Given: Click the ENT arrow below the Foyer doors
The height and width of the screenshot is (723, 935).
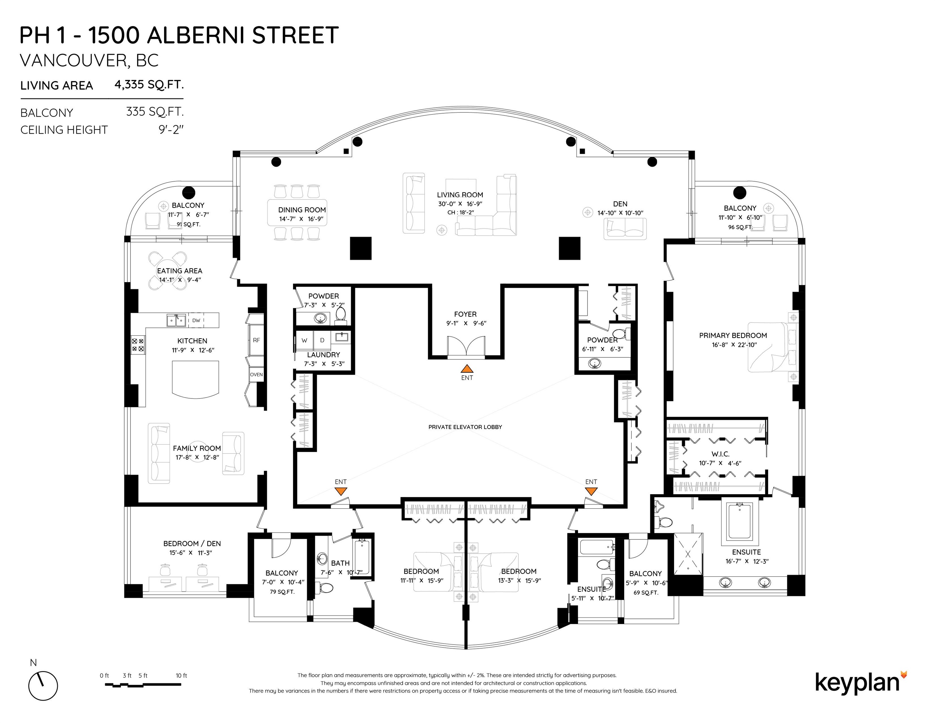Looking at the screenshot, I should (x=467, y=368).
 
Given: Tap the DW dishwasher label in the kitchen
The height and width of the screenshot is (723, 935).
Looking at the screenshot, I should (x=196, y=320).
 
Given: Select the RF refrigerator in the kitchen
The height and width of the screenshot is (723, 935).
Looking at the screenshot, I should (x=256, y=340).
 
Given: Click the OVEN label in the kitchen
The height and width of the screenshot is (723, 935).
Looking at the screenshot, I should (x=256, y=375).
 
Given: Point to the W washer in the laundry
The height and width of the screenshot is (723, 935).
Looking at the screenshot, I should (x=304, y=340).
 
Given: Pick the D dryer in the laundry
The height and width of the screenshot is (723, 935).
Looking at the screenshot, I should (x=322, y=340).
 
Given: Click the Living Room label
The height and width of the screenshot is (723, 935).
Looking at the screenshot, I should (x=460, y=195).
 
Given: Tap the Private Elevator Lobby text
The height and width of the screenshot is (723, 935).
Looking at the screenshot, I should (x=465, y=427).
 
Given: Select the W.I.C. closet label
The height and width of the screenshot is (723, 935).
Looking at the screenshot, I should (x=720, y=454).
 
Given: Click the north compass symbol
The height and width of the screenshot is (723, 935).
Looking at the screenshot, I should (x=43, y=686).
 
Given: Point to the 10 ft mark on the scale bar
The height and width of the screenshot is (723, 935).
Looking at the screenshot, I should (x=181, y=675).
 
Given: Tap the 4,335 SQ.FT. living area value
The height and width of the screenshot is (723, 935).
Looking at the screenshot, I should (x=149, y=84).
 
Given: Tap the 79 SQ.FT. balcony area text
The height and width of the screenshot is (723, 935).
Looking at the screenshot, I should (x=282, y=592).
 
